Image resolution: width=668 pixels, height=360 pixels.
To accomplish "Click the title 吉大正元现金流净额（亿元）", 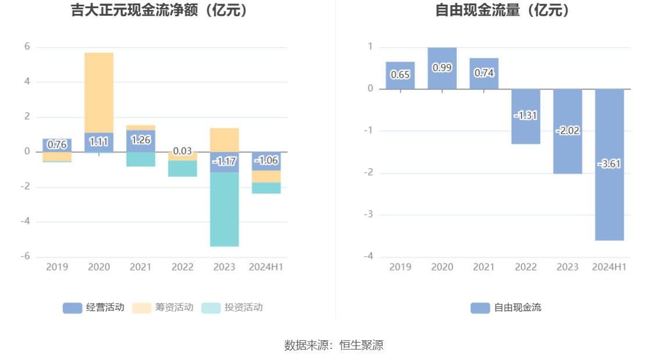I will tap(159, 10).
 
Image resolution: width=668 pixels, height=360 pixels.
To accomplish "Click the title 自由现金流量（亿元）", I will tap(503, 10).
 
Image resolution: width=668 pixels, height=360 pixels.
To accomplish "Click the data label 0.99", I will tap(442, 67).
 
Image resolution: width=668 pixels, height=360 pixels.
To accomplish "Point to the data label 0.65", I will tap(400, 74).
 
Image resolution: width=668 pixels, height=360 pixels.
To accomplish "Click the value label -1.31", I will tap(525, 116).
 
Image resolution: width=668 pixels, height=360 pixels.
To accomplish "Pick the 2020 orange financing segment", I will tap(99, 93).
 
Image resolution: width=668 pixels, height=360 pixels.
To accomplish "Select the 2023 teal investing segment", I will tap(225, 209).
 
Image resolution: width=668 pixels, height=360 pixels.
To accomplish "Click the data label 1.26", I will tap(141, 140).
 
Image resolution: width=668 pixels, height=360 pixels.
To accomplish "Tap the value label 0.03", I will tap(183, 151).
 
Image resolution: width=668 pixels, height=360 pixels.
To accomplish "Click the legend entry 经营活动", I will tap(94, 308).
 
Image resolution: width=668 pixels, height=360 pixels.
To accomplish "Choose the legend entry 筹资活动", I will tap(163, 308).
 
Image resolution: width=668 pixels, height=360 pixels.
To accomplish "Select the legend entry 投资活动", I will tap(232, 308).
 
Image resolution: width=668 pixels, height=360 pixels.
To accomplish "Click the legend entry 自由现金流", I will tap(506, 308).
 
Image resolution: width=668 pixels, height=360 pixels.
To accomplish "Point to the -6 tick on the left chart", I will tap(27, 257).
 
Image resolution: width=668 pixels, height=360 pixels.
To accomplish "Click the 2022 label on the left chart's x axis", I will tap(183, 267).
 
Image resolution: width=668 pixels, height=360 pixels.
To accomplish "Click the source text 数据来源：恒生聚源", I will tap(334, 345).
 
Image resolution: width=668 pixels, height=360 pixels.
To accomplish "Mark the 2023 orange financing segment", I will tap(225, 140).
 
